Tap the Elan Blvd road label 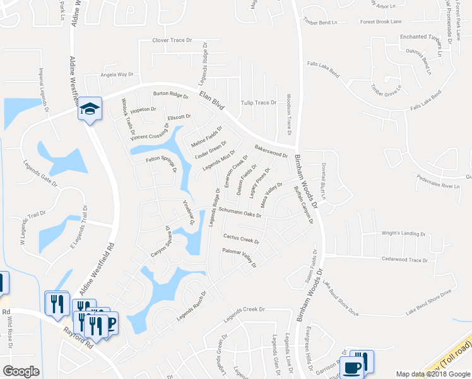pyautogui.click(x=212, y=99)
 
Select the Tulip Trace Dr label pyautogui.click(x=259, y=102)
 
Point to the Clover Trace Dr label pyautogui.click(x=172, y=40)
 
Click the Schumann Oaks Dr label pyautogui.click(x=240, y=214)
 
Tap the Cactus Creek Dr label pyautogui.click(x=242, y=239)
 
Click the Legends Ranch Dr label pyautogui.click(x=196, y=307)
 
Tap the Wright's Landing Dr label pyautogui.click(x=404, y=234)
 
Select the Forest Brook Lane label pyautogui.click(x=381, y=21)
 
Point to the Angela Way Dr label pyautogui.click(x=119, y=75)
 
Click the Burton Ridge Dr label pyautogui.click(x=170, y=95)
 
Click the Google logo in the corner pyautogui.click(x=21, y=371)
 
